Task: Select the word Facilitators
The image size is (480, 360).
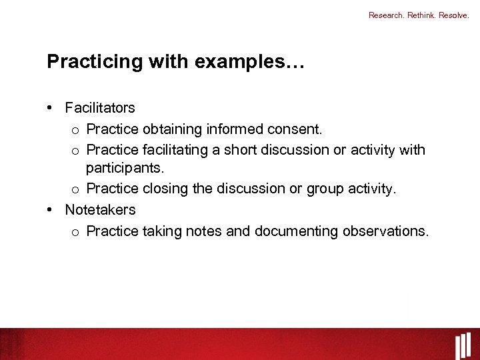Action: click(x=100, y=108)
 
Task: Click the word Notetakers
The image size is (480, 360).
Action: click(x=100, y=209)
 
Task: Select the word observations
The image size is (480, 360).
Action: click(x=386, y=231)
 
